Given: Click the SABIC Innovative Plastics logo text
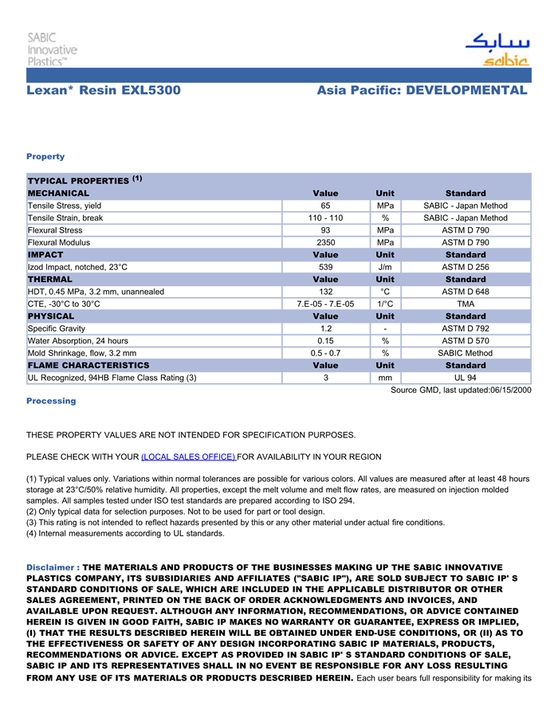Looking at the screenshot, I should [53, 49].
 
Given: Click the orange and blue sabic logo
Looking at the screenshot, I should [497, 50].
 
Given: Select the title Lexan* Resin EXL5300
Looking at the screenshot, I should [104, 90].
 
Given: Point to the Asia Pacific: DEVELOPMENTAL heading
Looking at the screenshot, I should [422, 90].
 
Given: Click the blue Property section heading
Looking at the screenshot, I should [45, 156].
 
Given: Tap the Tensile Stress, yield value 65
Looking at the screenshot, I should [325, 206].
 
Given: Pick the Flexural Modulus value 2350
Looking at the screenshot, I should [325, 242].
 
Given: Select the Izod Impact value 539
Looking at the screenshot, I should [325, 267].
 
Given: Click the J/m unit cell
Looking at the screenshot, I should [385, 267].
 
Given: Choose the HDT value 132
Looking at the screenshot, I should [325, 292].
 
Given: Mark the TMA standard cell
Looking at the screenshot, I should [466, 304].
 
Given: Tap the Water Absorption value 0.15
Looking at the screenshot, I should [325, 340].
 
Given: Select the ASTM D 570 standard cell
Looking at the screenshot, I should [466, 340].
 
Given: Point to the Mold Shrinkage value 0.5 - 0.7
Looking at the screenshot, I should [325, 353].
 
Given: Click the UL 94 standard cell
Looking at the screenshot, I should [466, 378].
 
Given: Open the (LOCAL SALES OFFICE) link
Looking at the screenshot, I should [188, 457].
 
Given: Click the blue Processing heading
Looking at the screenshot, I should [51, 401].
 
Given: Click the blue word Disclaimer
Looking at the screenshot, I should [51, 567].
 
